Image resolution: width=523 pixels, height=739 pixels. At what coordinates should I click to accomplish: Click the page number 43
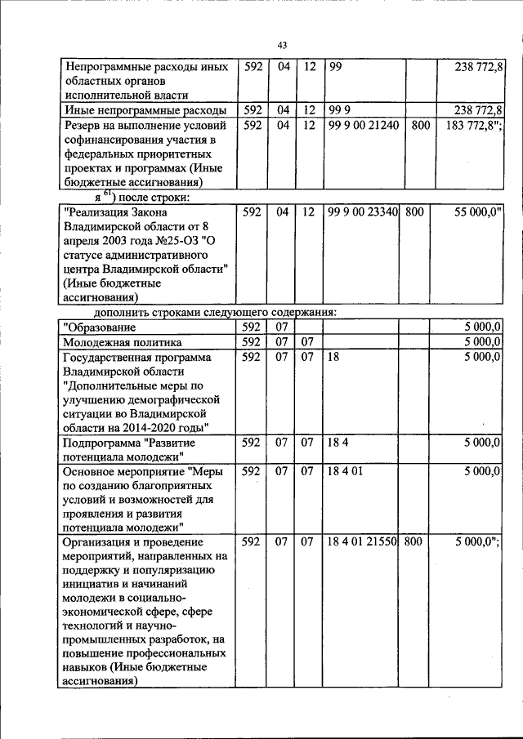tap(282, 45)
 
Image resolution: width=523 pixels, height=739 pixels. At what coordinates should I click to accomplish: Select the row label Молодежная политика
tap(123, 342)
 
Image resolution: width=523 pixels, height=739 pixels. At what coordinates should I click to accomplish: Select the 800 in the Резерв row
tap(420, 125)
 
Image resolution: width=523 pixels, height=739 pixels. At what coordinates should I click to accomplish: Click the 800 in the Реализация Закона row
tap(414, 211)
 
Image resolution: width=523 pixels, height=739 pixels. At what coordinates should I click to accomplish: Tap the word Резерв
tap(85, 125)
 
